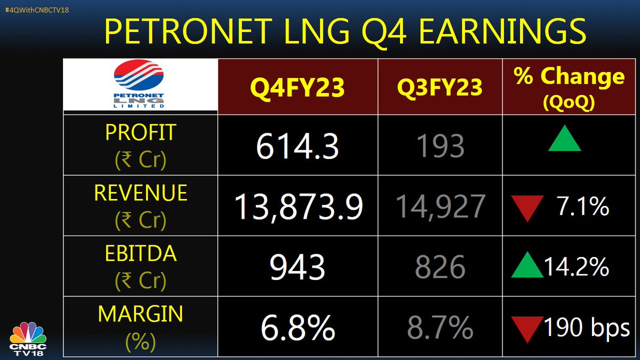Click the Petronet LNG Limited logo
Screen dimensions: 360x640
(140, 85)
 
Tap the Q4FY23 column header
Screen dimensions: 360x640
(298, 86)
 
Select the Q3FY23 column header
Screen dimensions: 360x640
(440, 86)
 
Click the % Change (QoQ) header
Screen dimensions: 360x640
(569, 86)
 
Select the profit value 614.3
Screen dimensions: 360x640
(298, 146)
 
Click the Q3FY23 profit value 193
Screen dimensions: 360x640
(440, 146)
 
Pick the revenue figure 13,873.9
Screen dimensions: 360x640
(298, 207)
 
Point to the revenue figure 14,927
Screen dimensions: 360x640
(440, 207)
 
